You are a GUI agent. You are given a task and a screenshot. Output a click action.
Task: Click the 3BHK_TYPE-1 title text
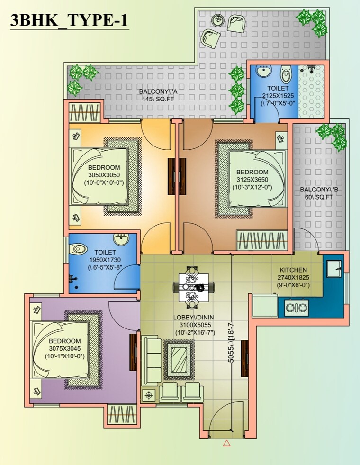tap(69, 21)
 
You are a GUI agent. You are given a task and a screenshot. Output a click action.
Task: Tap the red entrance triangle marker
tap(226, 444)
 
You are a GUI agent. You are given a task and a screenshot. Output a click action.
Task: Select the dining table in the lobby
tap(193, 287)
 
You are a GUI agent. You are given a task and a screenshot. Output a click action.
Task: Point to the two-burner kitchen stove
tap(296, 308)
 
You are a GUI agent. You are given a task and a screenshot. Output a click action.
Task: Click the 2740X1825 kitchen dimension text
tap(293, 277)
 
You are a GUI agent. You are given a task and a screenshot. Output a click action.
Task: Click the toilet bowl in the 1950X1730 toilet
tap(79, 248)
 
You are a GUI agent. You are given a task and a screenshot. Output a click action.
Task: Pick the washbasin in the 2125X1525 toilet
tap(263, 73)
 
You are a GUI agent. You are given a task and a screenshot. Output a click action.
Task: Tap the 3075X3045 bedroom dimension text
tap(64, 349)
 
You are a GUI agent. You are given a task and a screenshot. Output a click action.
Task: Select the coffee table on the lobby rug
tap(179, 360)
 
